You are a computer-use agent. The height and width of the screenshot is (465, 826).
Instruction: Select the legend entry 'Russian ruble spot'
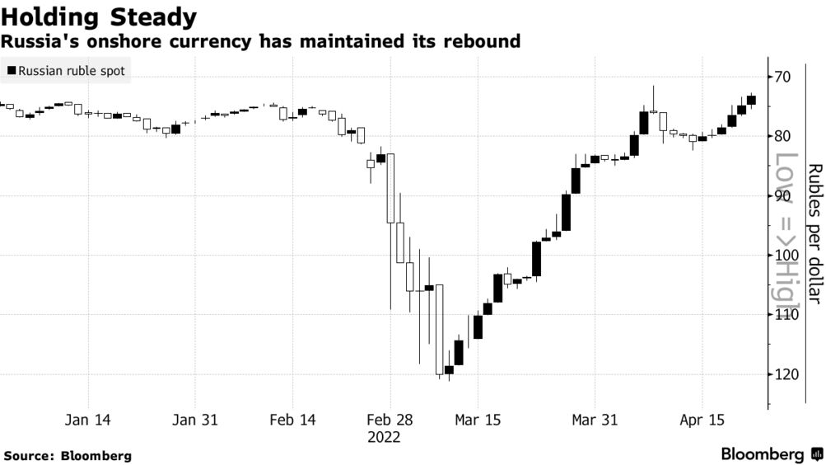point(66,72)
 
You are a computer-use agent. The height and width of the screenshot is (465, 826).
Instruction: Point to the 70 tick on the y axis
point(782,77)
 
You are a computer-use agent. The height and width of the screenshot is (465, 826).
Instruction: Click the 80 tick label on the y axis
point(782,136)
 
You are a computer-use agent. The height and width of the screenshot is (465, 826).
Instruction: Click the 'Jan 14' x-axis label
point(87,420)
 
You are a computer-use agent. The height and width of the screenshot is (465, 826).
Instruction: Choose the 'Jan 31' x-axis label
point(195,420)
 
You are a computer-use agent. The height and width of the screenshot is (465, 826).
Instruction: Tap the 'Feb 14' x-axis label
point(293,420)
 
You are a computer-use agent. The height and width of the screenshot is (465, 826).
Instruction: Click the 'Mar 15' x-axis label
point(478,420)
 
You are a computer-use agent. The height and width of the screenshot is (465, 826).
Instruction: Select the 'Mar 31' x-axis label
point(595,420)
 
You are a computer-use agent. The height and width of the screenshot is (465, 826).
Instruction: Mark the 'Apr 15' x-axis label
point(702,420)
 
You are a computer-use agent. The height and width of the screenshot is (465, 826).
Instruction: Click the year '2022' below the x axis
point(384,437)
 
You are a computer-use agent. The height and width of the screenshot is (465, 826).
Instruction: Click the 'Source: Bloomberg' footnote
point(68,455)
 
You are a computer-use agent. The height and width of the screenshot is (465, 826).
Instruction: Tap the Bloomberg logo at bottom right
point(771,454)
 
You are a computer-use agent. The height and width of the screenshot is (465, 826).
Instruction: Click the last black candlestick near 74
point(751,100)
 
